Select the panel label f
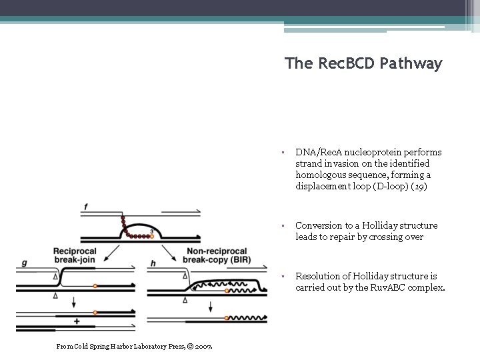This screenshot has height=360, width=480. (x=85, y=207)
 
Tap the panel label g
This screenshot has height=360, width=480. (x=24, y=263)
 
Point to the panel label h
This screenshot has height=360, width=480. (x=153, y=263)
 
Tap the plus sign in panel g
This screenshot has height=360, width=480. (x=77, y=321)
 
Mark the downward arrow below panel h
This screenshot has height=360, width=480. (x=211, y=306)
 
